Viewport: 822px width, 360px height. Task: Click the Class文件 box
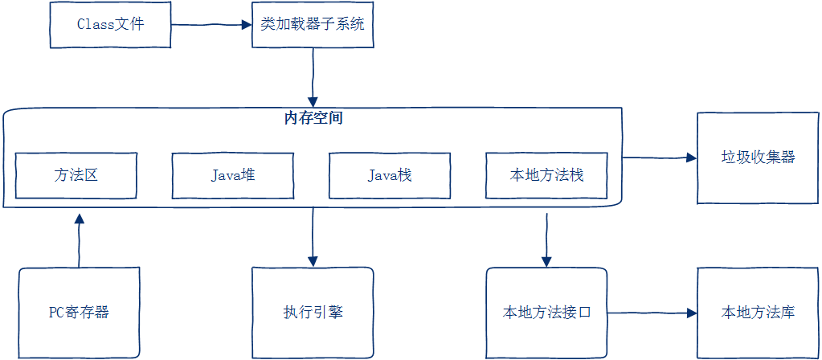110,24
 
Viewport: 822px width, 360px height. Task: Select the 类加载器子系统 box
313,24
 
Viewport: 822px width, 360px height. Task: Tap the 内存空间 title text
313,118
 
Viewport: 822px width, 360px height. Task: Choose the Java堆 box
233,174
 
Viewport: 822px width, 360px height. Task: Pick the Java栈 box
390,174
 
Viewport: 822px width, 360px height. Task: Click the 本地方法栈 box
546,174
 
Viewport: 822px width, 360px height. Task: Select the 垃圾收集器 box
758,157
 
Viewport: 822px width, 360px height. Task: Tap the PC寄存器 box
79,313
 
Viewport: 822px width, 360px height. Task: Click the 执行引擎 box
313,313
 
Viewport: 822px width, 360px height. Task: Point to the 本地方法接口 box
546,313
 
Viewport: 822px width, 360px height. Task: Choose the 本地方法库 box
758,313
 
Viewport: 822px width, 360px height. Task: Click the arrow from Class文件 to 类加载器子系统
211,25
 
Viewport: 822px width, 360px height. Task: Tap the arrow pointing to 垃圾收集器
659,157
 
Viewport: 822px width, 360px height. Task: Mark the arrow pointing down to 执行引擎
313,237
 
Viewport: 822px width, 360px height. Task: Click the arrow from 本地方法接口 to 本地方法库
652,313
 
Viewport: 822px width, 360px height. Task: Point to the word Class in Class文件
95,24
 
